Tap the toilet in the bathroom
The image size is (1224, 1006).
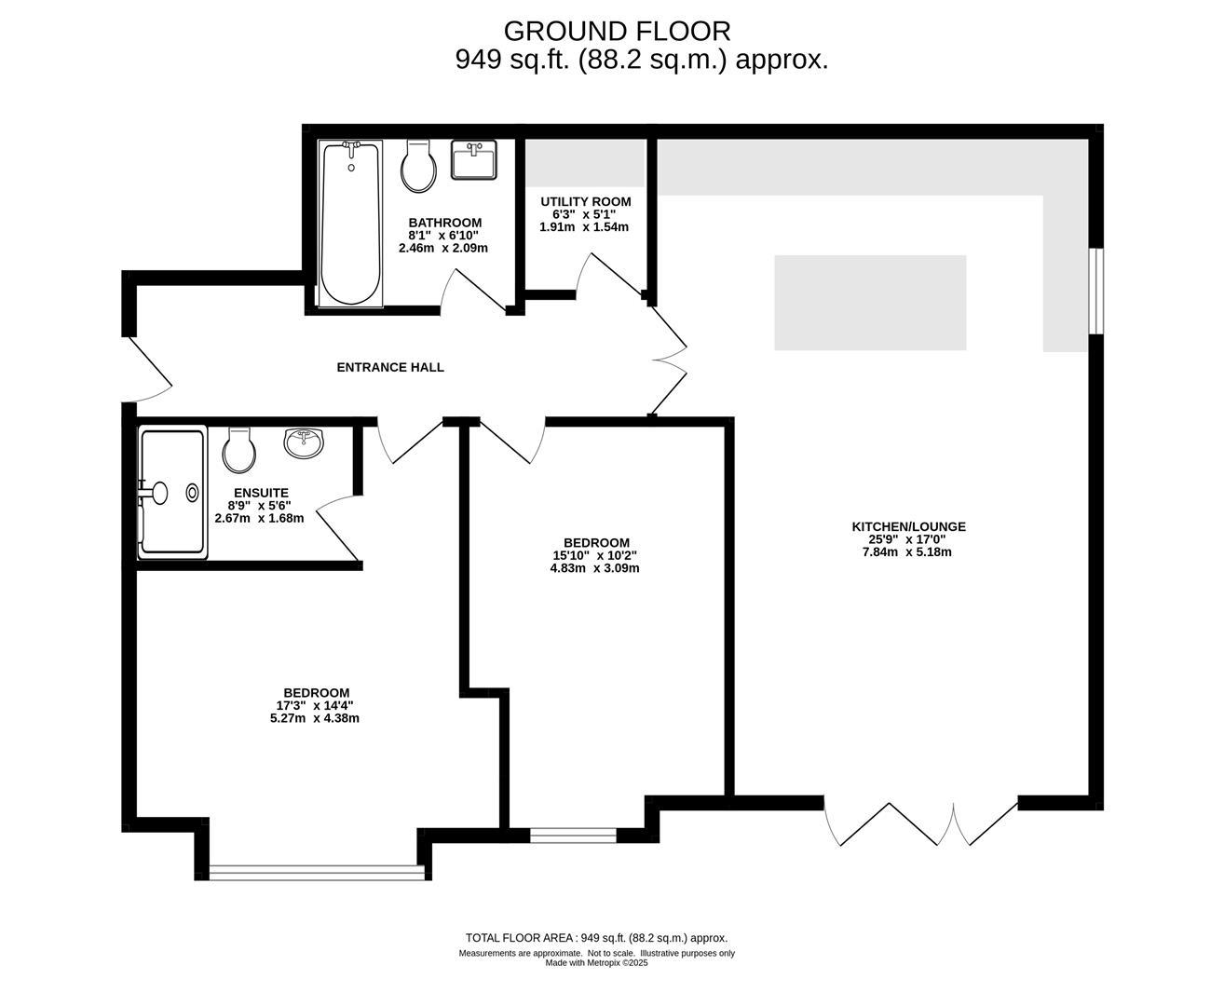(418, 167)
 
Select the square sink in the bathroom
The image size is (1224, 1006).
(474, 159)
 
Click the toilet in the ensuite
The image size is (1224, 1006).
(239, 450)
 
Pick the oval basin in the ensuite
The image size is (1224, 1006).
(304, 442)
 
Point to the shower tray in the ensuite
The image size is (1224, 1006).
(172, 492)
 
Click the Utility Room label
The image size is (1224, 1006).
(586, 202)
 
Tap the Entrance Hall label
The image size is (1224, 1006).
(390, 367)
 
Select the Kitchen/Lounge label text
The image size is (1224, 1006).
(908, 526)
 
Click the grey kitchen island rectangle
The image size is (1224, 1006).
(870, 303)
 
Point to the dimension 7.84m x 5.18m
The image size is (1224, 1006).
(906, 552)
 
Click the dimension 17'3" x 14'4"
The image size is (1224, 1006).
(315, 706)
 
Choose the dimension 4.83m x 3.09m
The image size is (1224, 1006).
(594, 568)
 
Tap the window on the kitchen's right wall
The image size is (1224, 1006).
(1095, 292)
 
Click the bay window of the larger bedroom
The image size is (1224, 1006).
(317, 873)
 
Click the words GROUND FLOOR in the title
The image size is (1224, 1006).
(617, 32)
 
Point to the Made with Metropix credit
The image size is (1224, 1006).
(596, 962)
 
